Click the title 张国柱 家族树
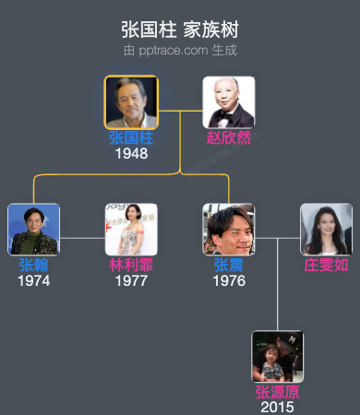180,30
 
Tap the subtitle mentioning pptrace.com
180,49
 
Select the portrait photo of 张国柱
131,102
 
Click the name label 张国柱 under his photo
131,138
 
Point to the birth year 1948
131,153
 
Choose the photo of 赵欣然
229,102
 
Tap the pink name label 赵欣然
229,138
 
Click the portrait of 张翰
34,230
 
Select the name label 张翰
34,266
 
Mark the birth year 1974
34,280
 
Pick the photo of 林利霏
131,230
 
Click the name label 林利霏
131,266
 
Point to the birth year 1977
131,280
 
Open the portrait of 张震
229,230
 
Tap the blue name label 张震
229,266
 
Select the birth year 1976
229,280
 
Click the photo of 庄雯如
326,230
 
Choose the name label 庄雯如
326,266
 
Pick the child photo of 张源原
278,357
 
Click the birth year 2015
278,407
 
